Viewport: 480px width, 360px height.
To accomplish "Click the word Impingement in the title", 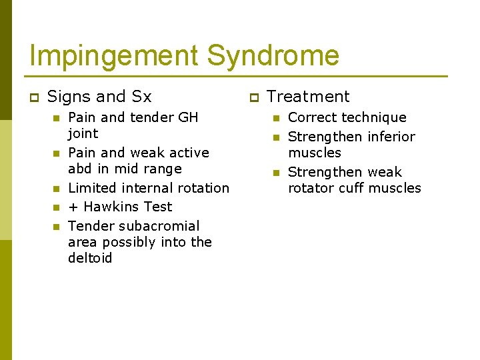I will (x=114, y=56).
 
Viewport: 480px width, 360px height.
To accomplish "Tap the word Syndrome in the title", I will (x=273, y=56).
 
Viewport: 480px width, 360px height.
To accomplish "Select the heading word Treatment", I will (x=308, y=97).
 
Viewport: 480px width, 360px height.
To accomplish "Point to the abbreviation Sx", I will (x=141, y=97).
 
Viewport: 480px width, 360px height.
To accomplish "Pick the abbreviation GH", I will (x=188, y=117).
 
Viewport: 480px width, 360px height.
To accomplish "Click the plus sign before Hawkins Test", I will (x=73, y=207).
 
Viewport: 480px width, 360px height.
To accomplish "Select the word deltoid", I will (x=90, y=258).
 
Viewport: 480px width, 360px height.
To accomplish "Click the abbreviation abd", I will (x=79, y=169).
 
